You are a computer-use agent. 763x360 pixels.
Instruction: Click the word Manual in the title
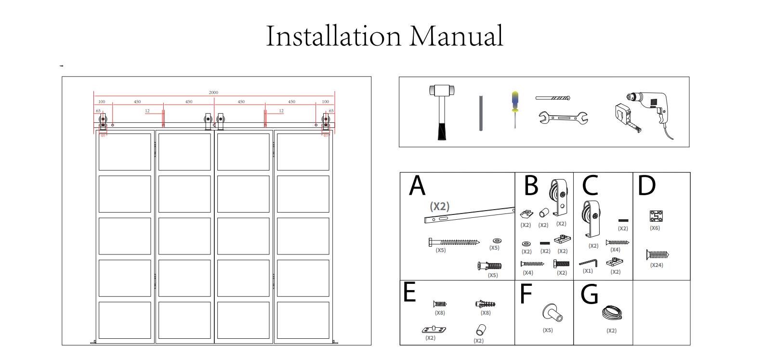[456, 36]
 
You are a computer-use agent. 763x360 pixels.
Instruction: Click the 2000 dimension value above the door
[213, 92]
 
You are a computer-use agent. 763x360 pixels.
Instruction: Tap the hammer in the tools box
[442, 112]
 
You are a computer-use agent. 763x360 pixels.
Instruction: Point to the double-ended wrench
[563, 118]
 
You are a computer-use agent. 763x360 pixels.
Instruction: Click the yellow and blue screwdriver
[515, 108]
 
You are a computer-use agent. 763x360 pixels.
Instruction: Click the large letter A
[417, 186]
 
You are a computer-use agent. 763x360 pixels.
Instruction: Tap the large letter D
[646, 186]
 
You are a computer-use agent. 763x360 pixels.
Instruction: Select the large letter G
[590, 294]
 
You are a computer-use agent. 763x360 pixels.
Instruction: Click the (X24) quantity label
[657, 265]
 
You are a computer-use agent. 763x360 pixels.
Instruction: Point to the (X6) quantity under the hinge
[655, 228]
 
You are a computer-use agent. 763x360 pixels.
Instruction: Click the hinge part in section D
[656, 216]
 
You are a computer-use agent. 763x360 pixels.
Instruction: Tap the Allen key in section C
[589, 263]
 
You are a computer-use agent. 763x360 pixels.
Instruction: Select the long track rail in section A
[470, 214]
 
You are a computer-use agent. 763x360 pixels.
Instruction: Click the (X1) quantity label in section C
[588, 271]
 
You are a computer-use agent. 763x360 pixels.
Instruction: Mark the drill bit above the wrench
[553, 98]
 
